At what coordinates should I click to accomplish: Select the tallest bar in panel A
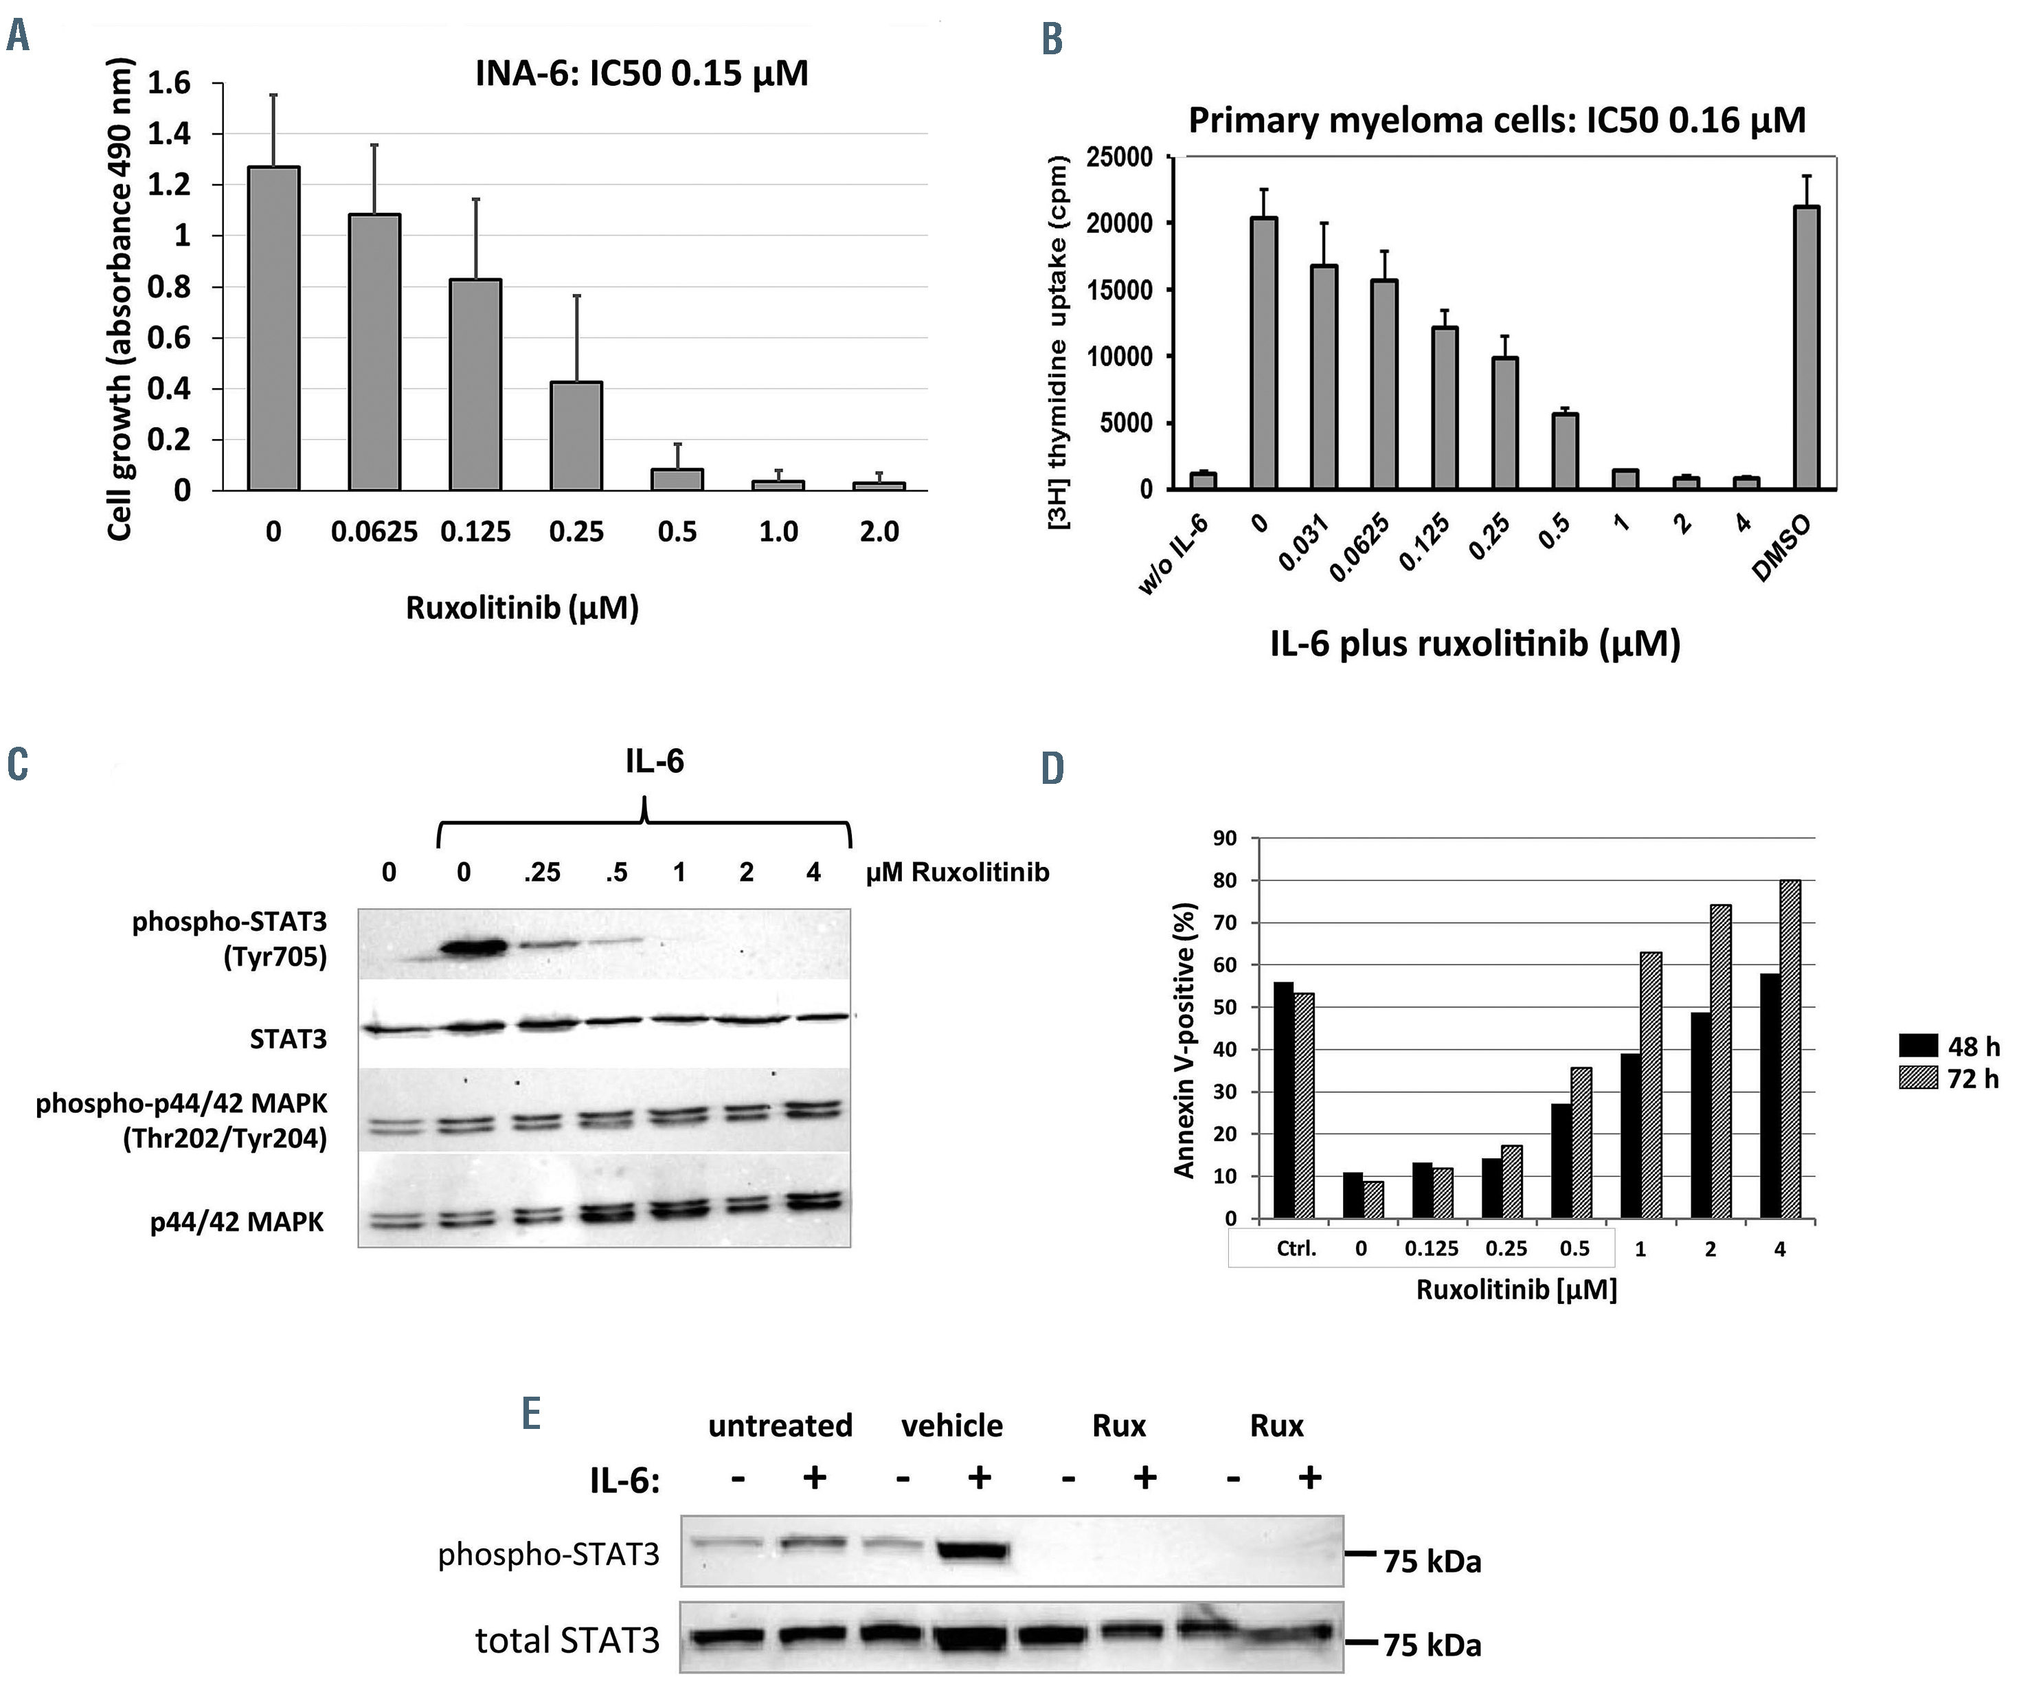click(x=274, y=328)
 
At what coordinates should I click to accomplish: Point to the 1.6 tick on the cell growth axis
click(x=169, y=84)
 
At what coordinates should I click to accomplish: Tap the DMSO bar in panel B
click(x=1806, y=347)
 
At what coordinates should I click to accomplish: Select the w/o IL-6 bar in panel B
click(x=1204, y=480)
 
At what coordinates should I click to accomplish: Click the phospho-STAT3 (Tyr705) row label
click(x=229, y=939)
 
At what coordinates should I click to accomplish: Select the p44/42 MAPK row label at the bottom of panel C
click(x=237, y=1221)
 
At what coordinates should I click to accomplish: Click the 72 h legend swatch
click(x=1918, y=1077)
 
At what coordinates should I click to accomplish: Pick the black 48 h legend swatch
click(x=1918, y=1046)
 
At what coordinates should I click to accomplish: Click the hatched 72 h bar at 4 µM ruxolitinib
click(x=1789, y=1049)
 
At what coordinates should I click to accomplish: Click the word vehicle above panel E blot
click(x=951, y=1426)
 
